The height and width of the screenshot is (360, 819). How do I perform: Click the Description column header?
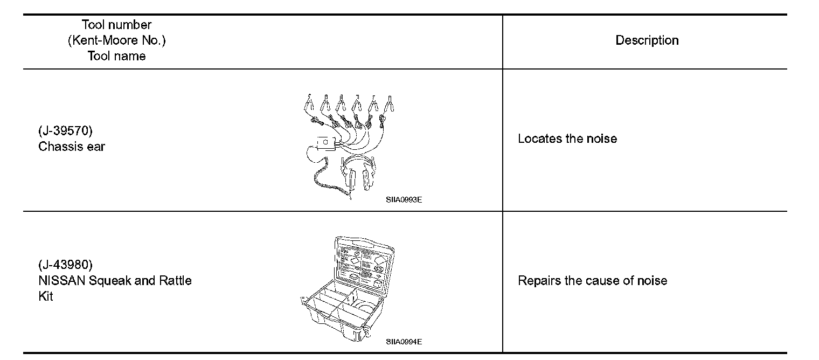point(647,40)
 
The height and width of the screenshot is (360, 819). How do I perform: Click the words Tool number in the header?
point(116,25)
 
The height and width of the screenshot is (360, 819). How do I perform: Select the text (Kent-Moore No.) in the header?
point(116,40)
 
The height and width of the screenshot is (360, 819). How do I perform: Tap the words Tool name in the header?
point(116,56)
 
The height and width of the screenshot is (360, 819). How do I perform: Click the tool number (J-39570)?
point(65,131)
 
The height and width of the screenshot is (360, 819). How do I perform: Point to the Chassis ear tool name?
point(72,147)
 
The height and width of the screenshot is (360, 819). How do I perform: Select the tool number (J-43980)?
point(65,265)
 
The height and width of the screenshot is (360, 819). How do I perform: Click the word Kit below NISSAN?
point(46,296)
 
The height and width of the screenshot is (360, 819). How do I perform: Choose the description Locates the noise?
point(567,139)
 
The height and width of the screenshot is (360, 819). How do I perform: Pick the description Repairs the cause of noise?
point(592,281)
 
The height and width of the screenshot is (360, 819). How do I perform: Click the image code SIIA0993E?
point(404,199)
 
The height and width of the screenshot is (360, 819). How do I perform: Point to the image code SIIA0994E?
point(404,342)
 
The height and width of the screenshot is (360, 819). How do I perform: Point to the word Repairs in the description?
point(539,281)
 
